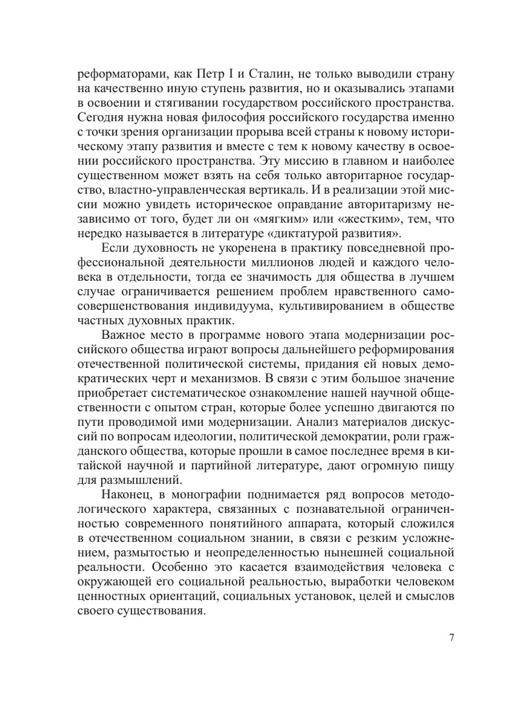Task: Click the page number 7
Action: (x=452, y=638)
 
